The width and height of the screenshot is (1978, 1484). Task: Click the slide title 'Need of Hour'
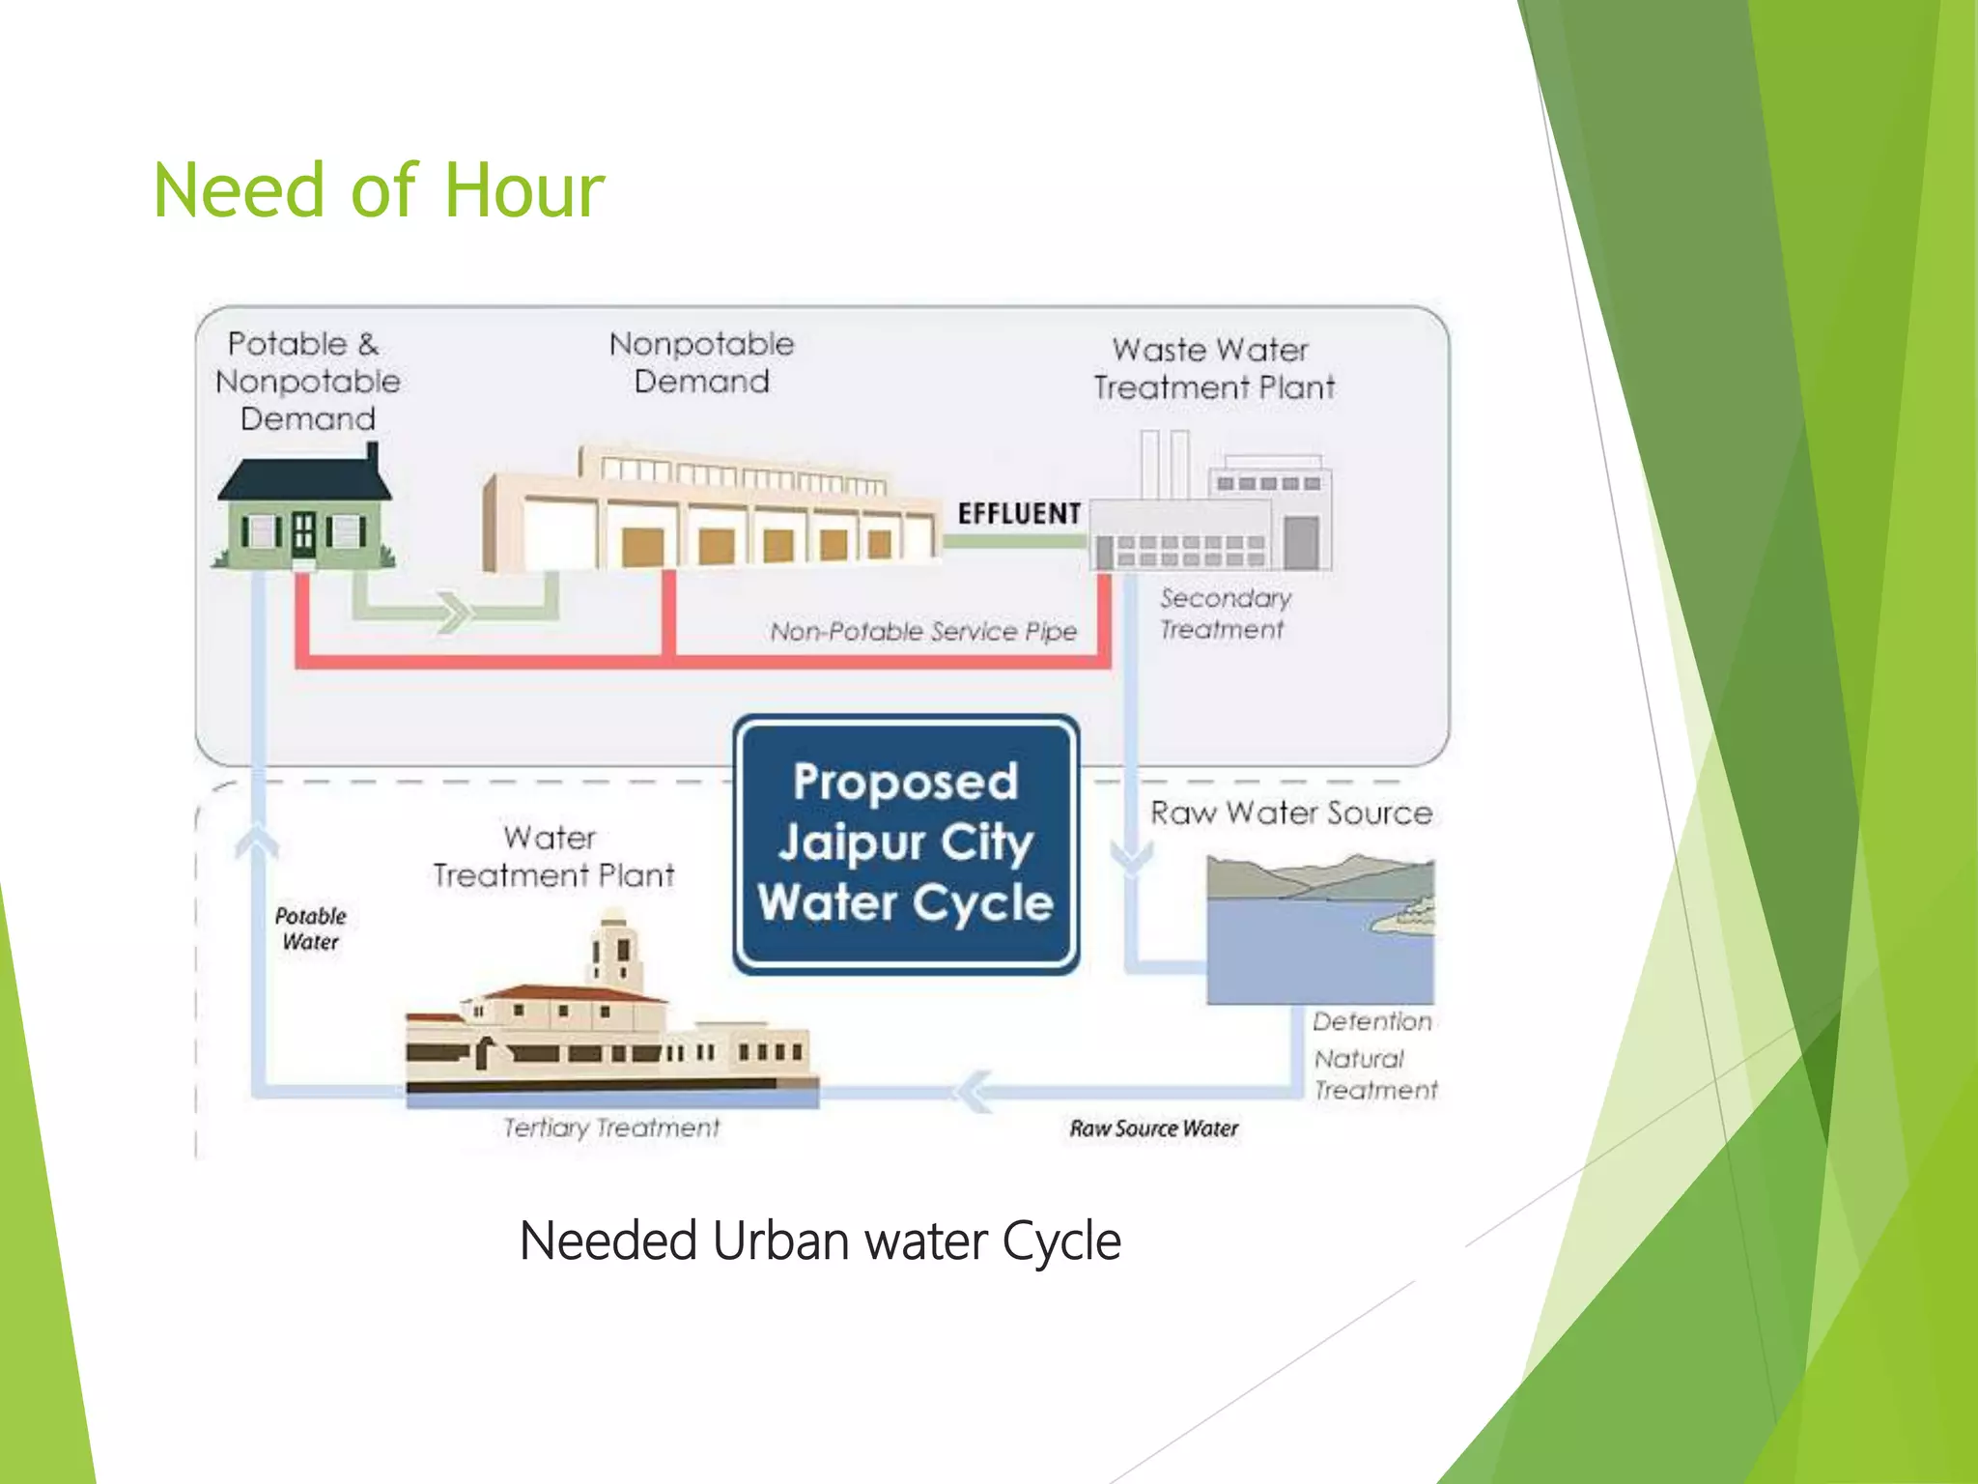(x=379, y=190)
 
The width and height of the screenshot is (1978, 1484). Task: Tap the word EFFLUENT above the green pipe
(x=1019, y=513)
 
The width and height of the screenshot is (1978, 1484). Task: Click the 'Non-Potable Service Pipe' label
(x=923, y=632)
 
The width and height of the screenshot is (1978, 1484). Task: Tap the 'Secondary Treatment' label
(x=1225, y=614)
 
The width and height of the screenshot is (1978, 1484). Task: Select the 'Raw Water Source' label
(x=1290, y=813)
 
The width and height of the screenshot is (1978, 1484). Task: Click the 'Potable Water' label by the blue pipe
(x=310, y=928)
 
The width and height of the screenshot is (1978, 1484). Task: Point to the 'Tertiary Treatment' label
(x=611, y=1127)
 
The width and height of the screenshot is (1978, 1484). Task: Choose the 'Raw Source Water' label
(x=1153, y=1128)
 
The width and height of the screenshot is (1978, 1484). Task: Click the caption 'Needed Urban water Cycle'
(x=820, y=1241)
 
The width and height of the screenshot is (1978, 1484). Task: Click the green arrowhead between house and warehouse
(x=452, y=612)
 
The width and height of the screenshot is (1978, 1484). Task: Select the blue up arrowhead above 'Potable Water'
(x=257, y=841)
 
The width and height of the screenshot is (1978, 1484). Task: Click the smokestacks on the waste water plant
(x=1164, y=464)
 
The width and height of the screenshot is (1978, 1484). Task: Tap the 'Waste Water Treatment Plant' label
(x=1213, y=368)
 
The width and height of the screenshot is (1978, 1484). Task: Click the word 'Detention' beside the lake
(x=1371, y=1021)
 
